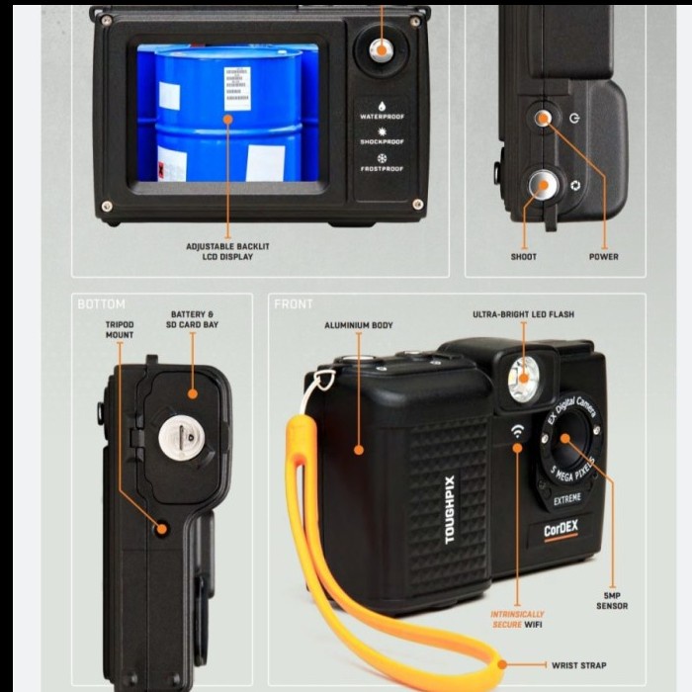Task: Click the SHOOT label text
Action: pos(524,257)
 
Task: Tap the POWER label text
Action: pos(603,257)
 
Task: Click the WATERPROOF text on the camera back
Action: pos(382,117)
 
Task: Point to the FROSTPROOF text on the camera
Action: pos(382,169)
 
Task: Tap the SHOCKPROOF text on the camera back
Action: pos(382,142)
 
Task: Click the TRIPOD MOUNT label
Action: pos(120,329)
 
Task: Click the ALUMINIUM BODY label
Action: pos(358,325)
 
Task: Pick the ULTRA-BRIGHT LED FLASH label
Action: pos(523,314)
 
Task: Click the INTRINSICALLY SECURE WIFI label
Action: pos(517,619)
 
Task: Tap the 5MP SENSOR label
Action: pos(612,601)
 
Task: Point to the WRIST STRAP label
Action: pos(580,665)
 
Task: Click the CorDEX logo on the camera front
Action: pos(562,531)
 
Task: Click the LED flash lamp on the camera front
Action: pos(524,380)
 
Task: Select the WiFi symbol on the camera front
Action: pos(517,431)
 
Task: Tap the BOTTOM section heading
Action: pos(101,304)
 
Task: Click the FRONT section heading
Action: pos(295,304)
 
